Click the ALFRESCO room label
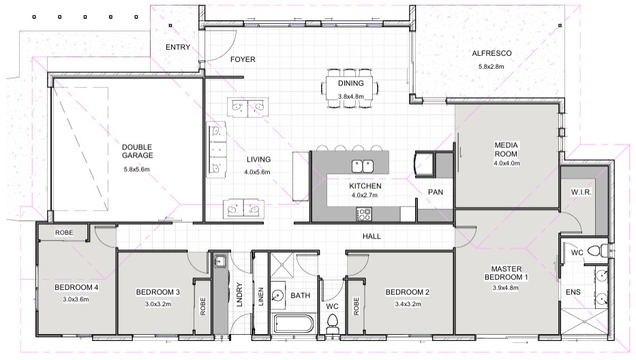point(491,53)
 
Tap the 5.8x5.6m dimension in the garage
point(137,169)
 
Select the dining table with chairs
point(350,88)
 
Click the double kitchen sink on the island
point(362,166)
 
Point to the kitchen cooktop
point(363,214)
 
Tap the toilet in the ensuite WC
point(598,251)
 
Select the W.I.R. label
point(581,192)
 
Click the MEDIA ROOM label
point(506,149)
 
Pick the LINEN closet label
point(261,297)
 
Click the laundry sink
point(220,261)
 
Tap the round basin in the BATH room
point(278,295)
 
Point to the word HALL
point(372,236)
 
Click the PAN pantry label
point(435,192)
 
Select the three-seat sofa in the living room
point(216,149)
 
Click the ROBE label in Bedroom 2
point(356,306)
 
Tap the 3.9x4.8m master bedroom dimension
point(505,288)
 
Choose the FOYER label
point(243,60)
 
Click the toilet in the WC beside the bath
point(333,323)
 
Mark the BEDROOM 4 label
point(76,287)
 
